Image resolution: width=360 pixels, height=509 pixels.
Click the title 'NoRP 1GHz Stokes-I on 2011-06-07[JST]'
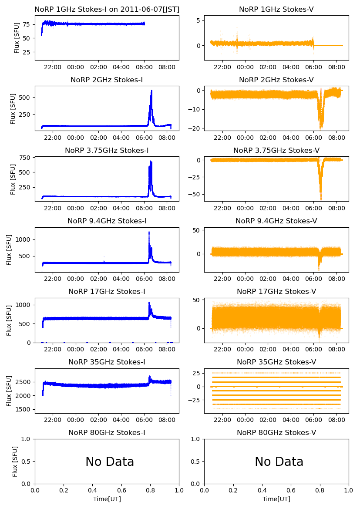tap(107, 9)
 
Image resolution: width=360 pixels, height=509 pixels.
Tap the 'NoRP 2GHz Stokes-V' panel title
tap(276, 80)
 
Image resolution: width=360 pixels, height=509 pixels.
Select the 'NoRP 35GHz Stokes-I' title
tap(107, 362)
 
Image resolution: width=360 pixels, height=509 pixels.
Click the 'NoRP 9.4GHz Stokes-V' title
tap(276, 221)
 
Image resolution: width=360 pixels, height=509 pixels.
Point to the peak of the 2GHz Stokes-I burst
tap(151, 91)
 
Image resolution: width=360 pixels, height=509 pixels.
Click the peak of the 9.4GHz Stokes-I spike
tap(149, 232)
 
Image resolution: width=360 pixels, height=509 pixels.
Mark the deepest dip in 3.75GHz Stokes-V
tap(321, 199)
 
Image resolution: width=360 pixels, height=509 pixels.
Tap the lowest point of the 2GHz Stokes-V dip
tap(321, 129)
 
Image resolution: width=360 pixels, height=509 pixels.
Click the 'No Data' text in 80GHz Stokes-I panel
tap(110, 462)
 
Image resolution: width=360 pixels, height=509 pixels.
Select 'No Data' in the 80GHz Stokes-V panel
tap(279, 462)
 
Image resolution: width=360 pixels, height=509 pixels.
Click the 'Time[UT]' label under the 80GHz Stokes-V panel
tap(276, 499)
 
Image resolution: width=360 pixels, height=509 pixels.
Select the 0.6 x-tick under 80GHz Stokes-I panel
tap(121, 491)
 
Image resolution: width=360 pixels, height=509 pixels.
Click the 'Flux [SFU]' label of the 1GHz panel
tap(17, 38)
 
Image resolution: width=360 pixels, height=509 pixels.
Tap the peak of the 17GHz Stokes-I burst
tap(149, 303)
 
